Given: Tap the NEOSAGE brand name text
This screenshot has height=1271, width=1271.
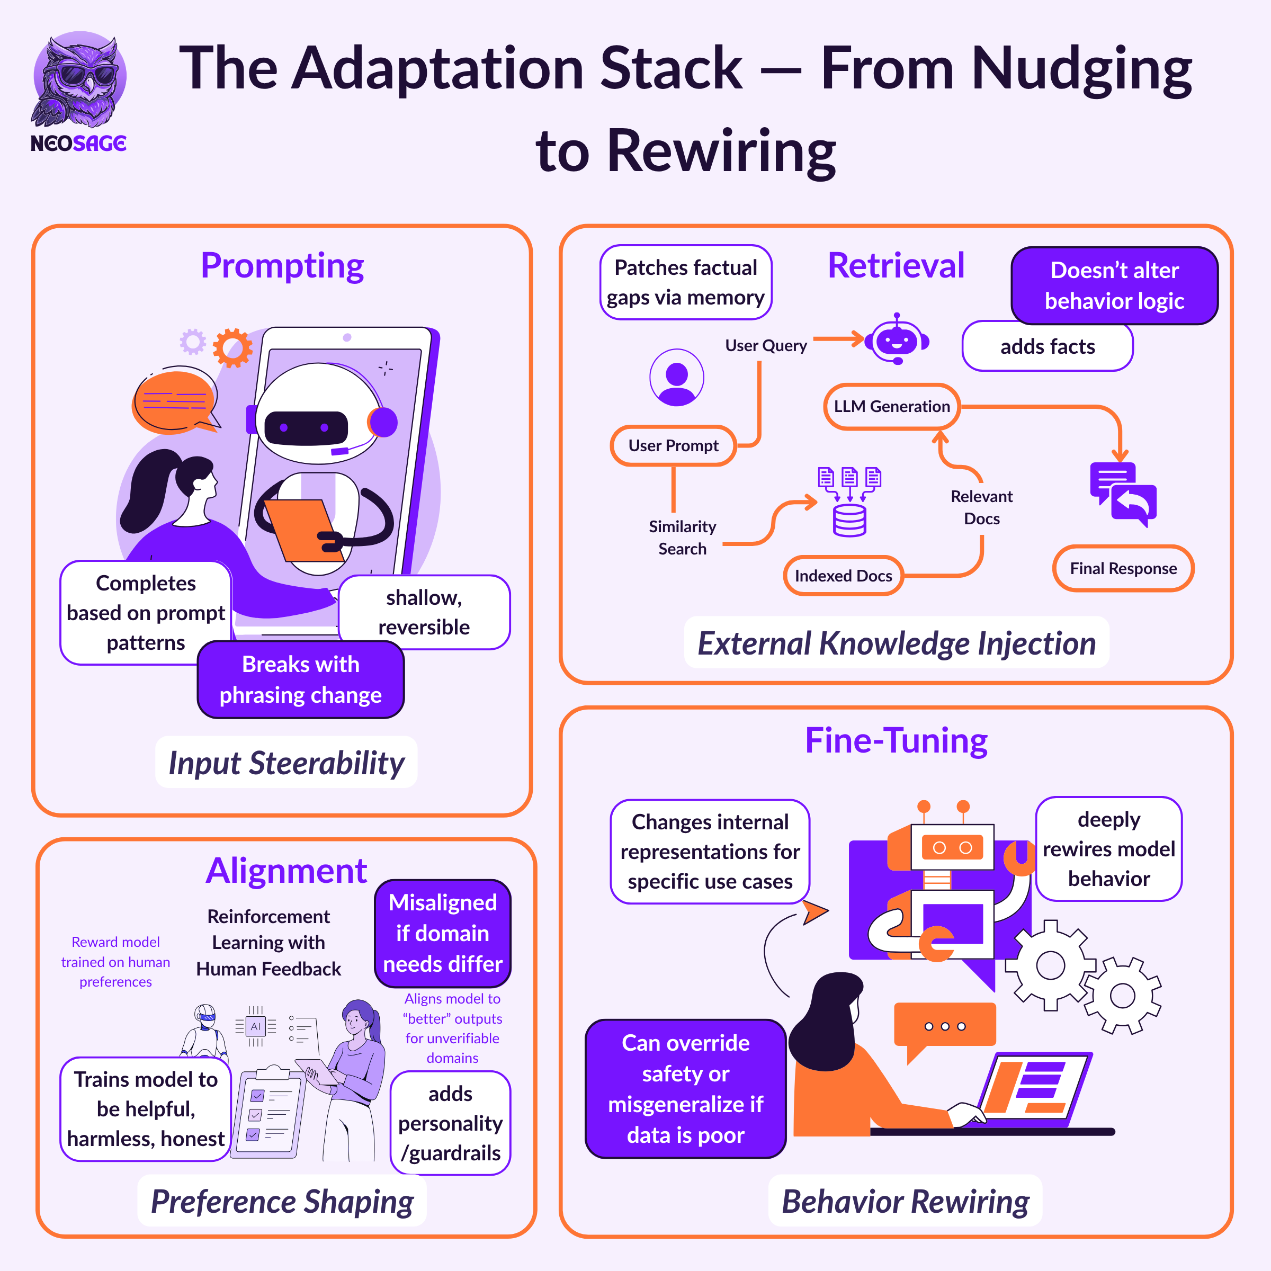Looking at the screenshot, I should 78,144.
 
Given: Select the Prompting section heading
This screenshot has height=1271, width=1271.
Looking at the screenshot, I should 282,266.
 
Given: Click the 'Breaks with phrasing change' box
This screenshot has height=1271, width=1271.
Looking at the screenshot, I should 301,679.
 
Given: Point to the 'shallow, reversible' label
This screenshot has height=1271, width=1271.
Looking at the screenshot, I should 424,612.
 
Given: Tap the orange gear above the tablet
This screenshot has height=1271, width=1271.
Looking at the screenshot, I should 232,347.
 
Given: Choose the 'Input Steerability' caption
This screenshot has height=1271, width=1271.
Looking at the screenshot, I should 286,763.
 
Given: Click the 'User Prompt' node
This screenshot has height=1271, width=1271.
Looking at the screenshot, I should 673,446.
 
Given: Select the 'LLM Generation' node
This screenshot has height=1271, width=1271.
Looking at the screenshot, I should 891,407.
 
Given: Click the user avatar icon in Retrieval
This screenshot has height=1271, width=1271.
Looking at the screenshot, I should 676,378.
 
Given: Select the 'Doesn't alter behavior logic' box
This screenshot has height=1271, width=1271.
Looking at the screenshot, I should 1114,285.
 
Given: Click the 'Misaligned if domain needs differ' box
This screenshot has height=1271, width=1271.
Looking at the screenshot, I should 443,933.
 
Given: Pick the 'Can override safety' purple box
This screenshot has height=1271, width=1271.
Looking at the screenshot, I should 685,1089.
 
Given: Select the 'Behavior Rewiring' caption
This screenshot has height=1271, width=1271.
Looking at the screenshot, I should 905,1202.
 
